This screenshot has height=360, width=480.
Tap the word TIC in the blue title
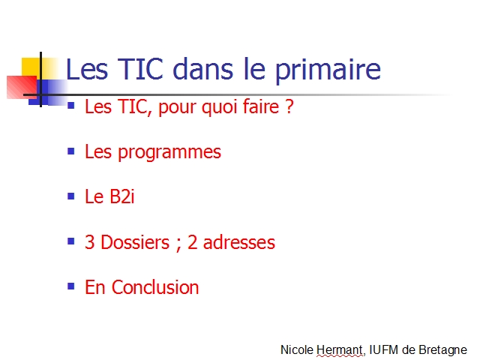tap(140, 69)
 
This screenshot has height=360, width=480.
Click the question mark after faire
tap(289, 106)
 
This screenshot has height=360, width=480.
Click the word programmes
tap(169, 153)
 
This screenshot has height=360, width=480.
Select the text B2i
tap(121, 196)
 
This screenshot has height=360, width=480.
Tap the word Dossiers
tap(135, 242)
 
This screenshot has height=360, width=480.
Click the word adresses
tap(239, 242)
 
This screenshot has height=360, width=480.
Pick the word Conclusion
tap(155, 287)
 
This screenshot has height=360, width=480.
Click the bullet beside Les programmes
tap(71, 151)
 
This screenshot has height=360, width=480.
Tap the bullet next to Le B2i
tap(71, 196)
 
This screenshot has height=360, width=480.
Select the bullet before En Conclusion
tap(71, 286)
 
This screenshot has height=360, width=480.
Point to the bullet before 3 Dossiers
tap(71, 241)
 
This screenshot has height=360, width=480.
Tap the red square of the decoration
tap(22, 87)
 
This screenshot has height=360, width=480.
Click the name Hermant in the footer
tap(340, 349)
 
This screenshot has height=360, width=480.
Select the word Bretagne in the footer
tap(443, 350)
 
